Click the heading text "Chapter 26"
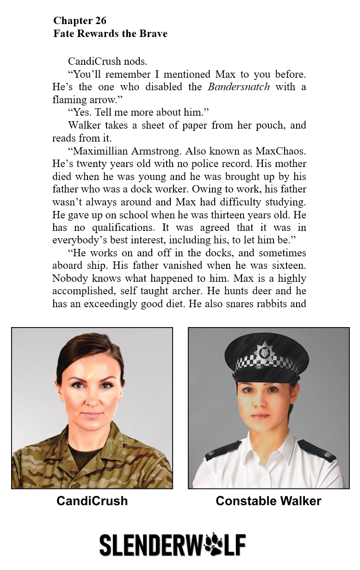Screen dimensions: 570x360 click(x=80, y=20)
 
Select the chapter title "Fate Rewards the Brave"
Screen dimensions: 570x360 click(x=110, y=34)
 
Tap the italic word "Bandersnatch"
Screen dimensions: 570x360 click(x=238, y=87)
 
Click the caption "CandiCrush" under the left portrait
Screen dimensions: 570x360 click(x=92, y=501)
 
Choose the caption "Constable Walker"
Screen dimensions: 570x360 click(x=268, y=501)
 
